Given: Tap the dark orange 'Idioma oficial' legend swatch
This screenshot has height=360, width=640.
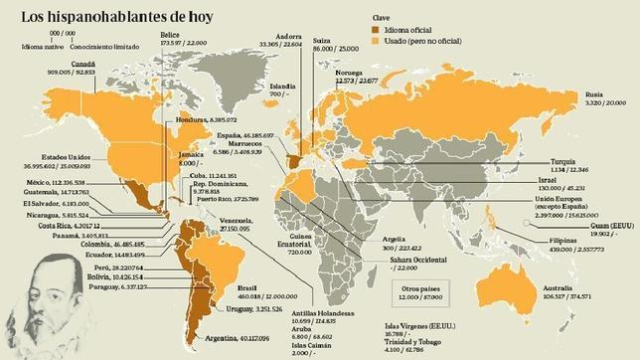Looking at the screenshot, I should tap(378, 31).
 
